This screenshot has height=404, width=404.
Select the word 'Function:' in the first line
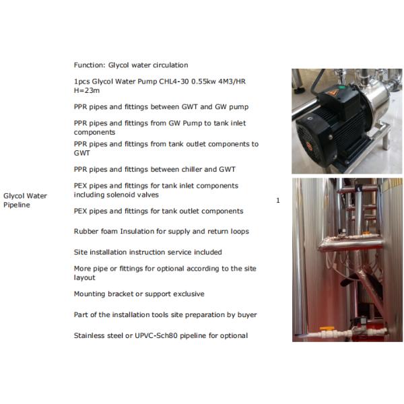point(90,65)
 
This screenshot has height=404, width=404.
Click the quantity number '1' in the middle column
point(278,201)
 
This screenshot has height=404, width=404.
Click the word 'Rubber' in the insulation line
point(86,231)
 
